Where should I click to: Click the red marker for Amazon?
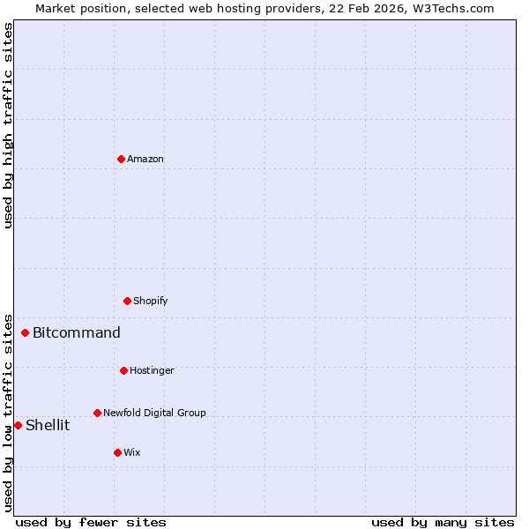[x=121, y=159]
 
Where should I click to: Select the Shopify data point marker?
[x=127, y=301]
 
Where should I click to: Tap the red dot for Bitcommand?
[x=25, y=332]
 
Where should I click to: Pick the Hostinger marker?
[x=123, y=370]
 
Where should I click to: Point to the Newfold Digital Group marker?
[x=97, y=413]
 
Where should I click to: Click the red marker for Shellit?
[x=18, y=425]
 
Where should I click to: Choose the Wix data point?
[x=117, y=452]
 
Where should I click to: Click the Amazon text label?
[x=145, y=159]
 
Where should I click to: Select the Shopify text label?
[x=151, y=301]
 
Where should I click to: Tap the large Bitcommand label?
[x=77, y=332]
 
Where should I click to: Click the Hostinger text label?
[x=152, y=370]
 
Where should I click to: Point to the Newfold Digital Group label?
[x=154, y=413]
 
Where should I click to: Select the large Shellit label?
[x=48, y=425]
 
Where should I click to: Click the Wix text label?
[x=132, y=452]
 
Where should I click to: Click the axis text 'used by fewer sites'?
[x=91, y=522]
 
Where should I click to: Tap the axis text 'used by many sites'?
[x=443, y=522]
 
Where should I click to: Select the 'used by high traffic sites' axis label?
[x=8, y=125]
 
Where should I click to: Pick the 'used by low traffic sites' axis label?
[x=8, y=412]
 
